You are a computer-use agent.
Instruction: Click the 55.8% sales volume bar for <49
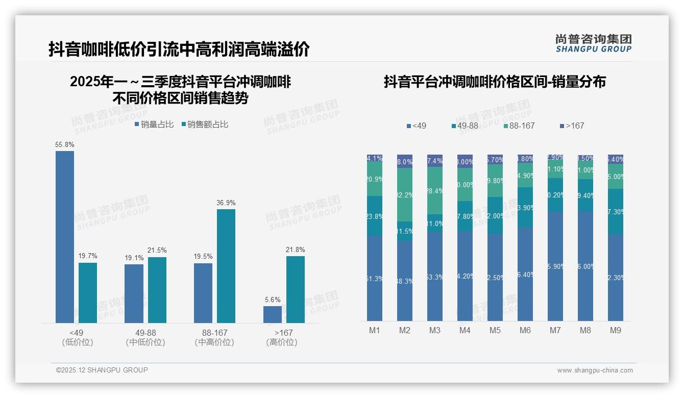pos(65,237)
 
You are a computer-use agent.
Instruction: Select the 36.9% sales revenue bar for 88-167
pos(226,266)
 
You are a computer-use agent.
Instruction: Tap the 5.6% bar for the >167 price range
pos(273,314)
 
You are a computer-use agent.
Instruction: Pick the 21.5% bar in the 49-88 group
pos(157,290)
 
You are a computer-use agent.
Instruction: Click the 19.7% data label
pos(88,256)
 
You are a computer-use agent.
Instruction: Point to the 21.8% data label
pos(296,250)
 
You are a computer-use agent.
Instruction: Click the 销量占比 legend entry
pos(154,125)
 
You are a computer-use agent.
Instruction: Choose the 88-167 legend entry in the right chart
pos(519,126)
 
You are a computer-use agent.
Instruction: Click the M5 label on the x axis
pos(495,330)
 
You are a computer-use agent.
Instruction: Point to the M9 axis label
pos(616,330)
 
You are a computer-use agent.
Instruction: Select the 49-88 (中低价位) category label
pos(145,337)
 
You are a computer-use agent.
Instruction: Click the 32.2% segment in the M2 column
pos(405,194)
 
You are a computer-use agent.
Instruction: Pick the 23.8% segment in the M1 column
pos(375,216)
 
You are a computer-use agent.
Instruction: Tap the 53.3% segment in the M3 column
pos(435,277)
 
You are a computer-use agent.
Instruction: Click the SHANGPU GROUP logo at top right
pos(593,43)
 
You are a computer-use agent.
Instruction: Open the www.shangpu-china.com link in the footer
pos(595,370)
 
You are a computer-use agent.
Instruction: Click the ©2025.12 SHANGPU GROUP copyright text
pos(102,370)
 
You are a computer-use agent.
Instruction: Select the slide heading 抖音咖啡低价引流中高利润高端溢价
pos(179,49)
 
